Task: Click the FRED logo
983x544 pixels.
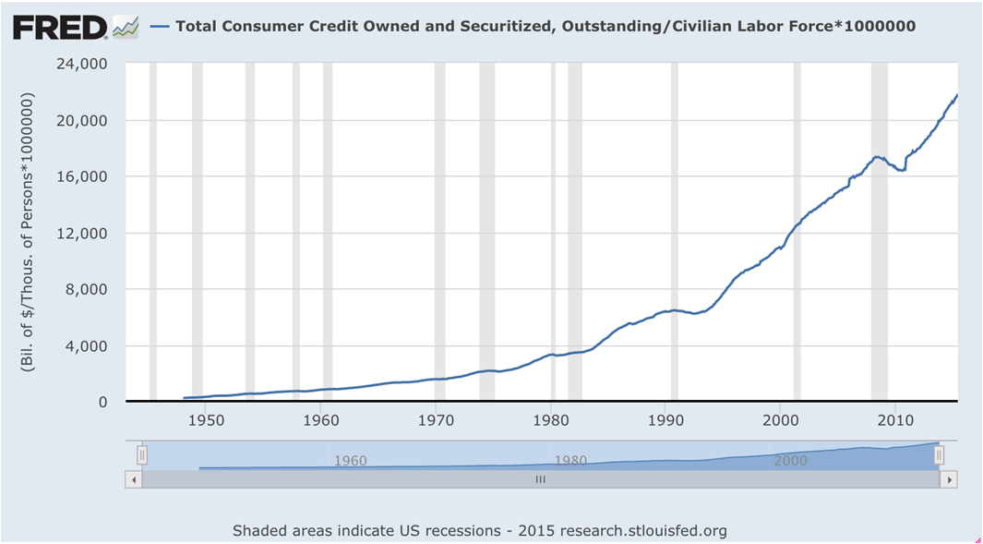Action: coord(60,27)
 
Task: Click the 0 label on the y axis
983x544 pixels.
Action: coord(102,403)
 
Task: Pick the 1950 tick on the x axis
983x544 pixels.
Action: coord(206,419)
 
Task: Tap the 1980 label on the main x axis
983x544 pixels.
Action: coord(550,419)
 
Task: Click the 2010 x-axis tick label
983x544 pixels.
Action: coord(895,419)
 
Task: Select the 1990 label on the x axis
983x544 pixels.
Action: coord(665,419)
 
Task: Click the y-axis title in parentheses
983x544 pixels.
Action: coord(28,232)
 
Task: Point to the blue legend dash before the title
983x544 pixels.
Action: coord(162,27)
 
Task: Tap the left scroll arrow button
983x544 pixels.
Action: coord(134,480)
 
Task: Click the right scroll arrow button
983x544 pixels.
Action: coord(949,480)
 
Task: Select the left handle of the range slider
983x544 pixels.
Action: coord(142,454)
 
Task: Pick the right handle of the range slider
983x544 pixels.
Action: coord(939,454)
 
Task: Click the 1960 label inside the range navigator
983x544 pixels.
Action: coord(351,461)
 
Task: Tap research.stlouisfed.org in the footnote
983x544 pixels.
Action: coord(643,531)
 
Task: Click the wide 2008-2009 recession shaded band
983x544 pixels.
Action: coord(880,231)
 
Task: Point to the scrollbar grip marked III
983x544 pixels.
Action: coord(540,480)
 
